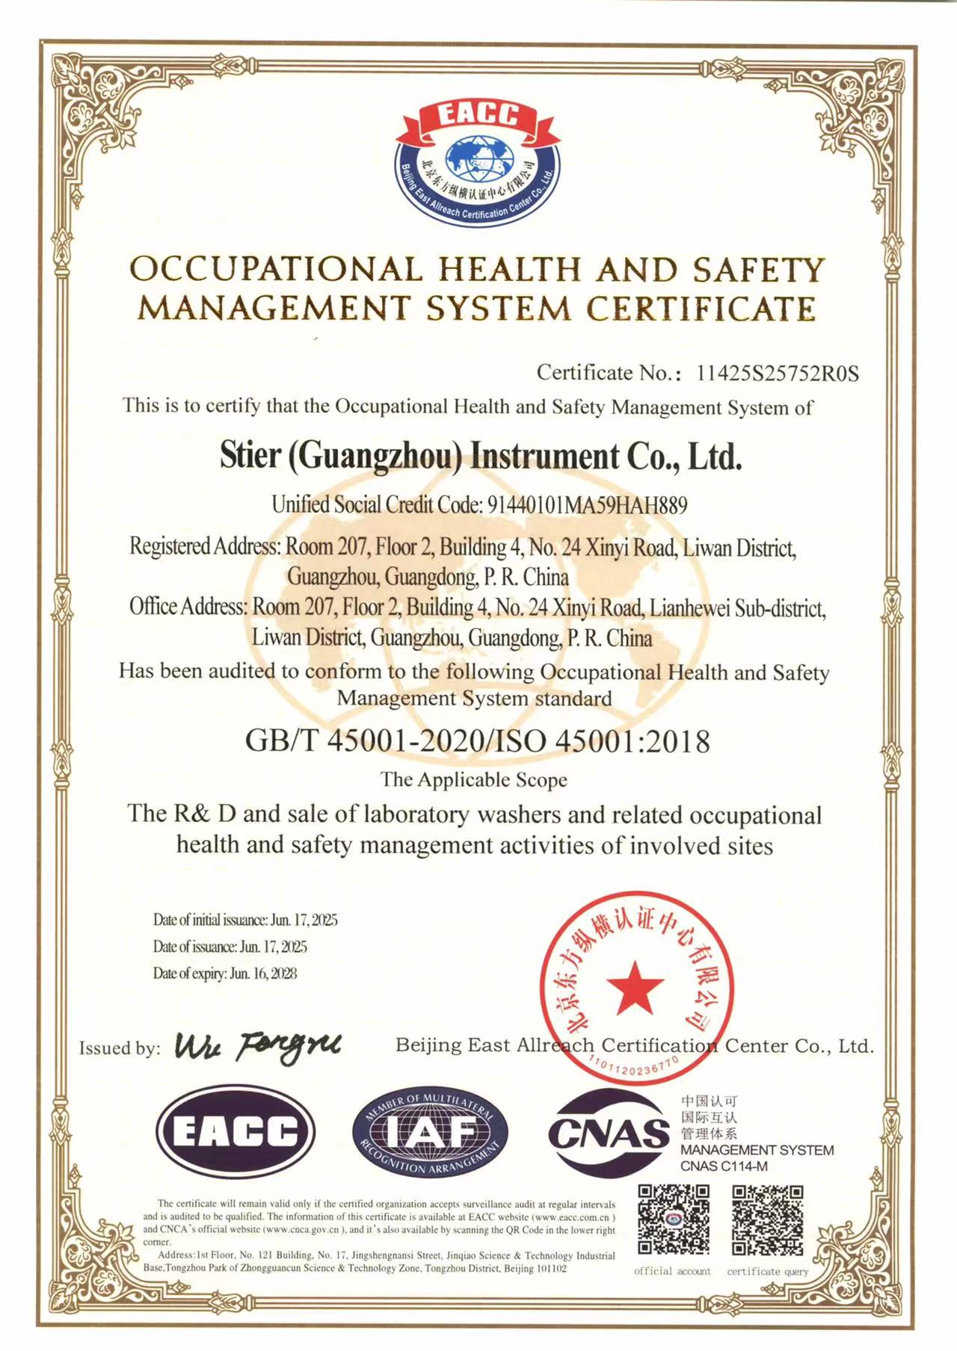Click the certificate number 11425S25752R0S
tap(778, 373)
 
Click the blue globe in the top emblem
tap(479, 160)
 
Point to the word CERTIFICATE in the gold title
tap(701, 309)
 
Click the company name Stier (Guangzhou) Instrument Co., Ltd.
tap(481, 457)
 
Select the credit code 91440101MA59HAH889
tap(587, 505)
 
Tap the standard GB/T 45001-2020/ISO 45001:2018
tap(478, 741)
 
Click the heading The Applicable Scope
tap(474, 779)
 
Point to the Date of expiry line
tap(225, 973)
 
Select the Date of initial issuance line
tap(245, 919)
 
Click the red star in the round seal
tap(635, 987)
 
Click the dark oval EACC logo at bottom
tap(235, 1131)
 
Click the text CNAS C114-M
tap(723, 1166)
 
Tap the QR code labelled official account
tap(673, 1219)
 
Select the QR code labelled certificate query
tap(767, 1219)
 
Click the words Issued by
tap(120, 1048)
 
